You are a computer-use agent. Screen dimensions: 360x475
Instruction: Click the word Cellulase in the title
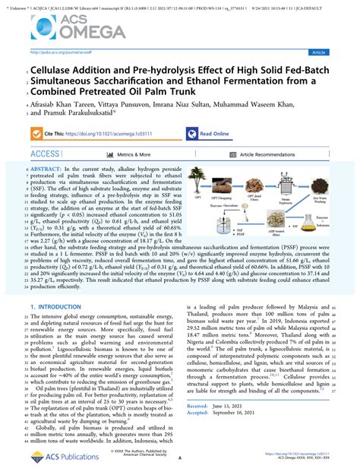tap(49, 68)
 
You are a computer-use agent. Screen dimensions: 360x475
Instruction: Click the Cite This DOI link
tap(111, 131)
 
